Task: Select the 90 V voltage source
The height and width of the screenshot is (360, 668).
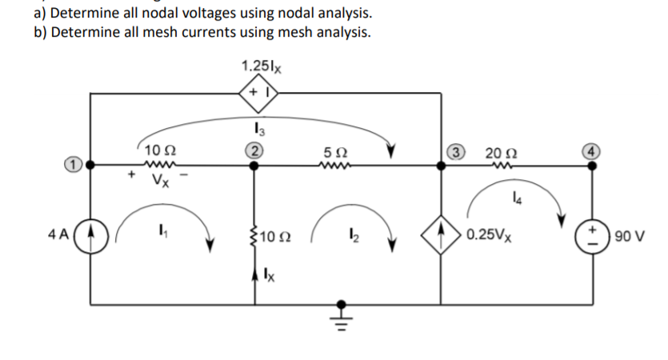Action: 593,236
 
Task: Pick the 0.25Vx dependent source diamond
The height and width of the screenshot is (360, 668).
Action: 442,236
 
